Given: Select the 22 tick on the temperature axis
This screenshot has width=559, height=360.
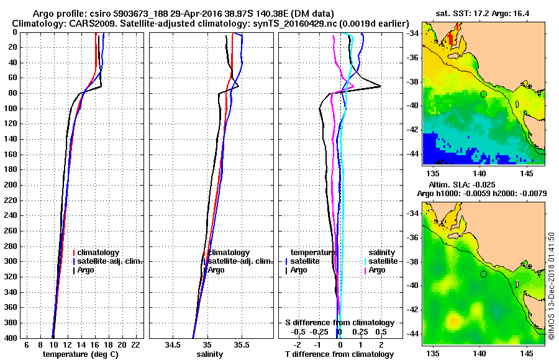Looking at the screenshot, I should [135, 344].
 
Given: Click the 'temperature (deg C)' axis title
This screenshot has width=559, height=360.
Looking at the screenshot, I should [80, 354].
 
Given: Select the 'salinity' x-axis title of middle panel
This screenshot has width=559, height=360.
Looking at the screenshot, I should [211, 354].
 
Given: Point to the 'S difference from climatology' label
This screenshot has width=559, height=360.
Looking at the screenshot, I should [339, 323].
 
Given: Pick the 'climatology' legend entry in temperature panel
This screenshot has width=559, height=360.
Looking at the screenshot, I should [99, 253].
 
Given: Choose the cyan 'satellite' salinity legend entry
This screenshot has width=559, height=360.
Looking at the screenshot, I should [384, 261].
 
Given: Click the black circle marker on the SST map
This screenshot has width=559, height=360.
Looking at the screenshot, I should [483, 94].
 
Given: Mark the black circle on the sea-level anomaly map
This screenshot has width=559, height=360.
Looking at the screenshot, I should [483, 274].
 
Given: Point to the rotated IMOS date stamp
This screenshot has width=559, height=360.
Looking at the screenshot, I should [551, 286].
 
